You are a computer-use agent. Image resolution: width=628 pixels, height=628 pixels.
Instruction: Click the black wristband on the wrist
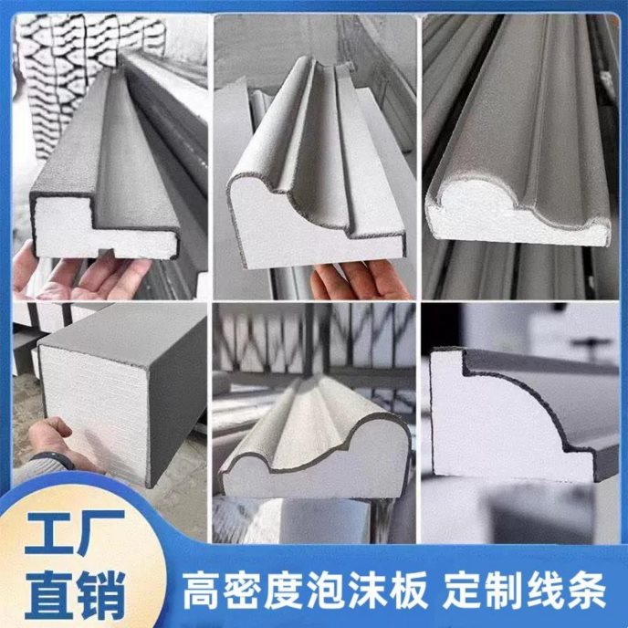pyautogui.click(x=55, y=460)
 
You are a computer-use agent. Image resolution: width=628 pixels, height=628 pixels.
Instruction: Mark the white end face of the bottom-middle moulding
pyautogui.click(x=317, y=468)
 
